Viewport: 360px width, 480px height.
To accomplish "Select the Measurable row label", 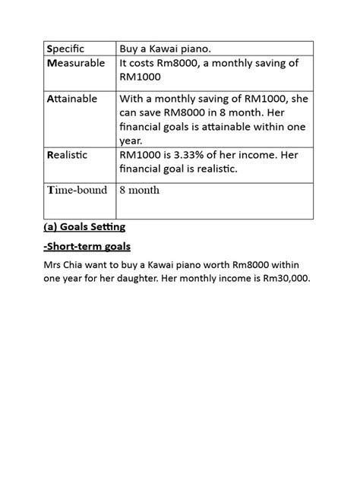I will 76,63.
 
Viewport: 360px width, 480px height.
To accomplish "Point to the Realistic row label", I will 67,154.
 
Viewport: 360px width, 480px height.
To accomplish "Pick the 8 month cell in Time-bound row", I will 140,189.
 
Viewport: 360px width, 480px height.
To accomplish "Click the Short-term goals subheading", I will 88,245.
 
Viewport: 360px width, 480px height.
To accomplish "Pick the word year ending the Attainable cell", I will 131,140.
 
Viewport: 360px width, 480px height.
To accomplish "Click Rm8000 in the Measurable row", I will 185,63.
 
